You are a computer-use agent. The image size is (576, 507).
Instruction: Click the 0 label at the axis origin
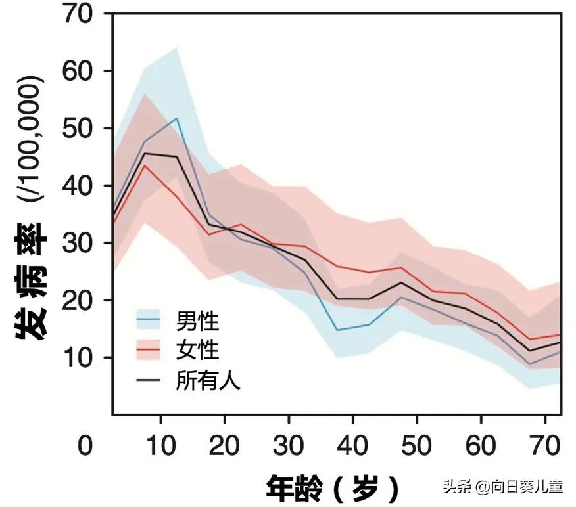tap(85, 447)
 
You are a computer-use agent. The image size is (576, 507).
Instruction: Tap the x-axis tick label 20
tap(225, 447)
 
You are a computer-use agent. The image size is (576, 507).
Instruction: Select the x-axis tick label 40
tap(353, 447)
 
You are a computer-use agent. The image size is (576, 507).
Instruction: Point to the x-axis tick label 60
tap(481, 447)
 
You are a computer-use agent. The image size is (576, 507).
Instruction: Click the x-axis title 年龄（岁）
tap(333, 489)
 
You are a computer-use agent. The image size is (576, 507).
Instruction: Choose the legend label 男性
tap(197, 322)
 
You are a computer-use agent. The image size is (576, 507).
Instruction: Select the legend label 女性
tap(197, 351)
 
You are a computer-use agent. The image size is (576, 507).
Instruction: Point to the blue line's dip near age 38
tap(337, 330)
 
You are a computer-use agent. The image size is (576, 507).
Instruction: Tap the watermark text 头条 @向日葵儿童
tap(503, 487)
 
